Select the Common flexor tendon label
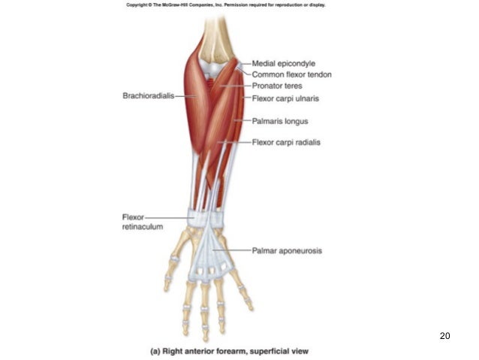point(291,75)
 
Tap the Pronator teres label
point(277,86)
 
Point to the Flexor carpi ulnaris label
point(286,98)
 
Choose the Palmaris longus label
point(281,120)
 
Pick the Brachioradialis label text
point(148,95)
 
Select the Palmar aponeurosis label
point(287,250)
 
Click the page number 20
point(444,335)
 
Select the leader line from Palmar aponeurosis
point(233,250)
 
